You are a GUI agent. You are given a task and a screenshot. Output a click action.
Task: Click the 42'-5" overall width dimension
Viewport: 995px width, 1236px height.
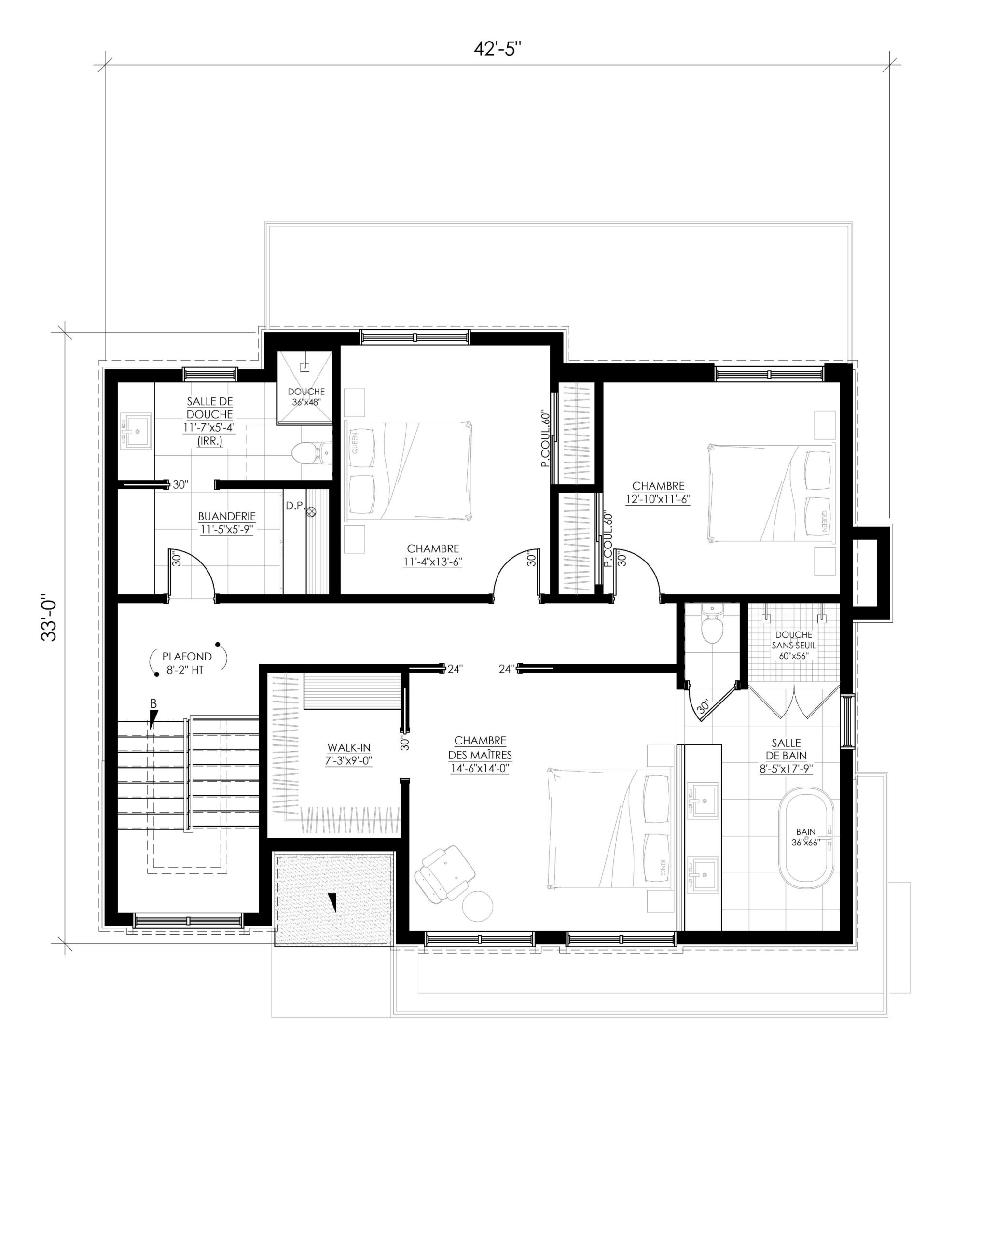coord(497,49)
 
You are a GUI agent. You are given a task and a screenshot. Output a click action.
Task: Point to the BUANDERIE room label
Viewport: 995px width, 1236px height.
coord(227,516)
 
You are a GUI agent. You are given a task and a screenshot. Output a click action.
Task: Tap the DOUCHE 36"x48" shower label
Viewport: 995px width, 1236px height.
coord(306,396)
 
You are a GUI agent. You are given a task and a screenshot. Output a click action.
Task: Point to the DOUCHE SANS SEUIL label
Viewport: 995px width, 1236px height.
coord(793,645)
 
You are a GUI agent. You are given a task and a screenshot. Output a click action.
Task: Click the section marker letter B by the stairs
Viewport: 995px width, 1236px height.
coord(153,704)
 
